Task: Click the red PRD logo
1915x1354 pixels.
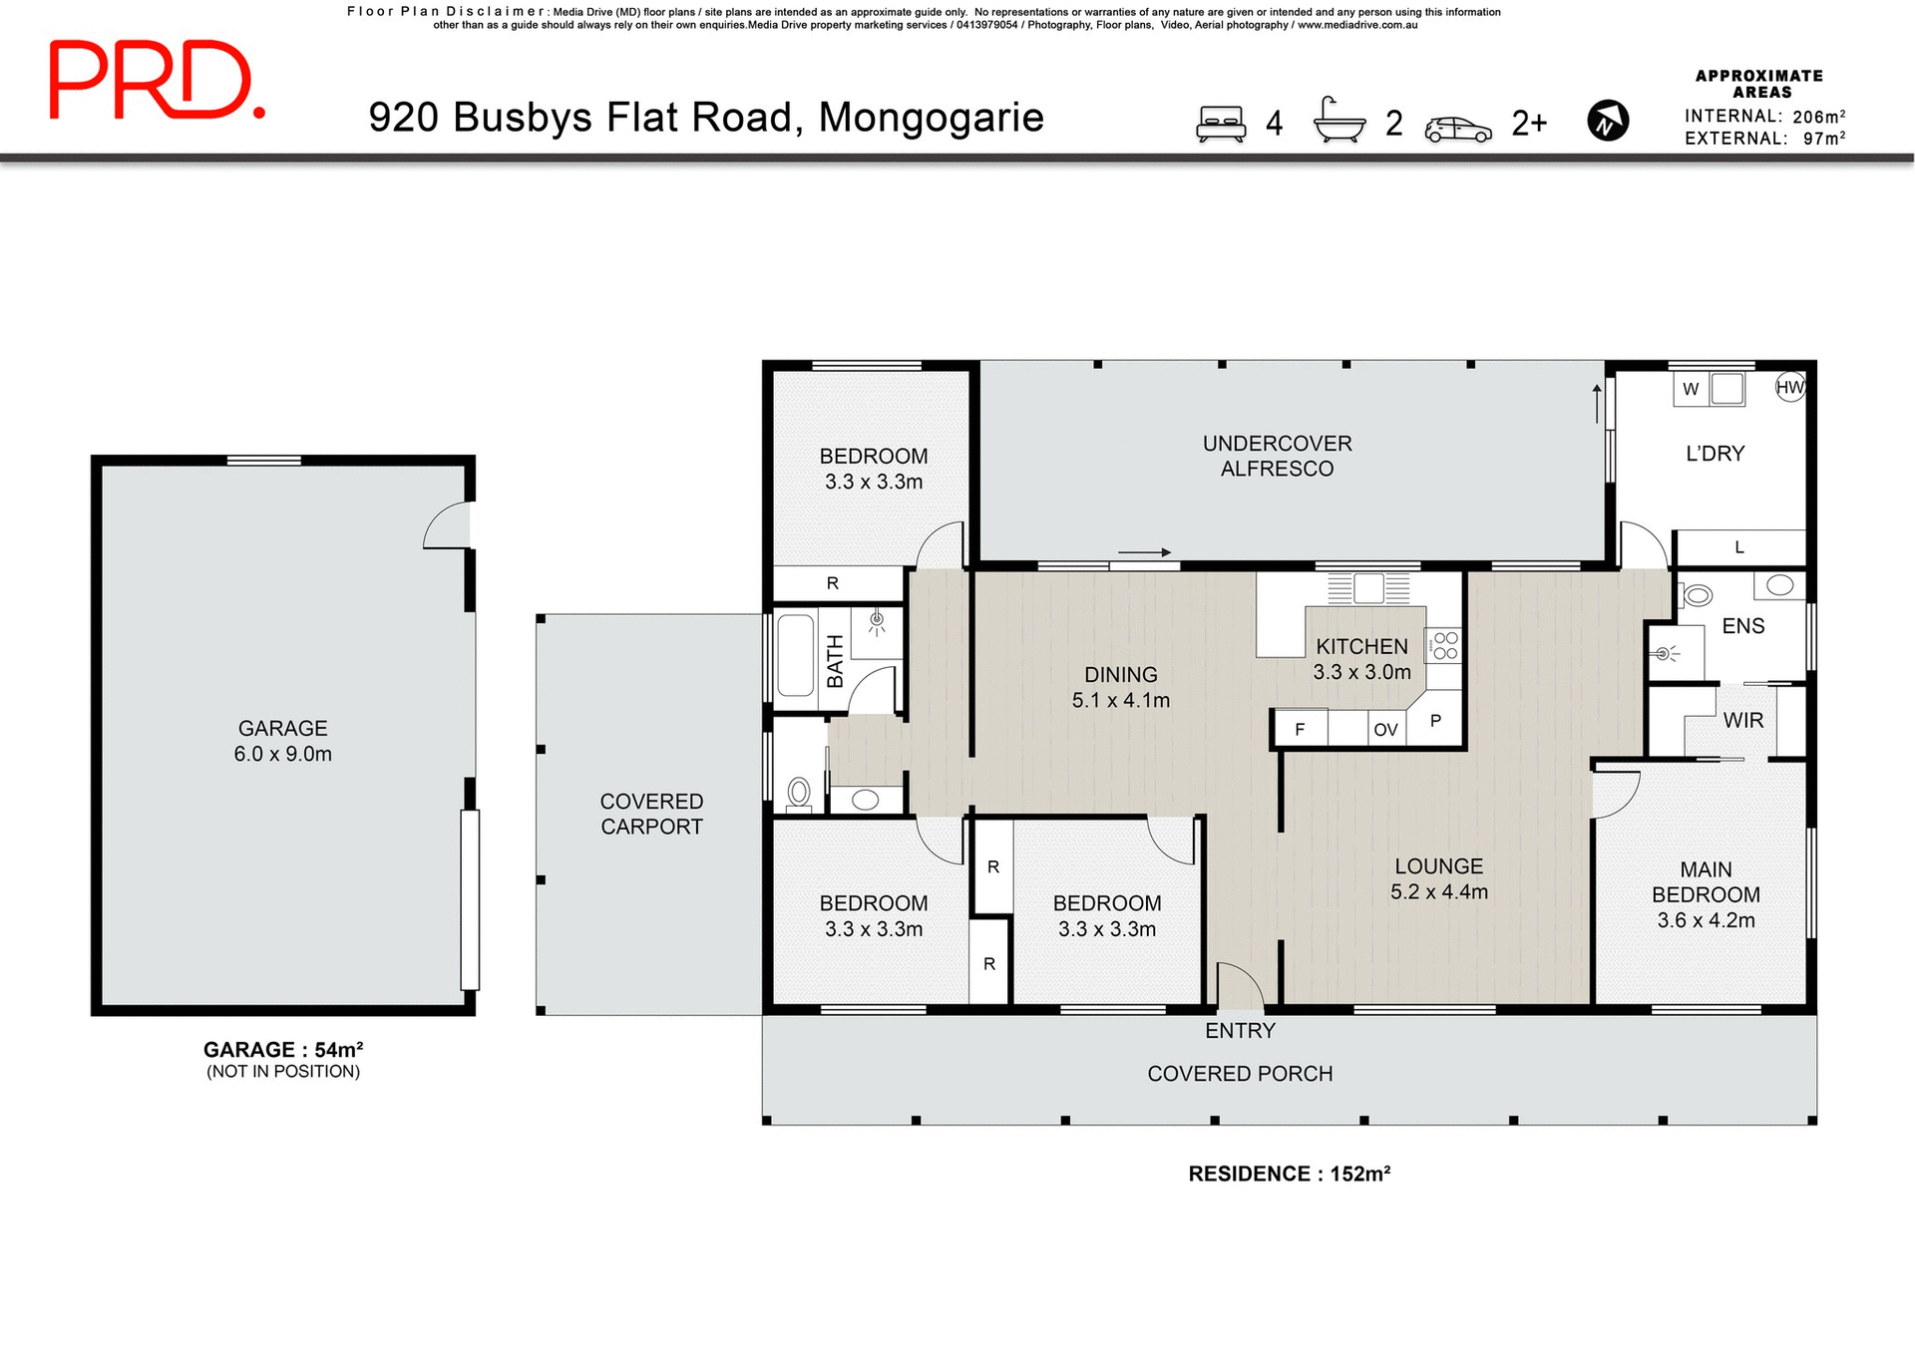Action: [x=156, y=81]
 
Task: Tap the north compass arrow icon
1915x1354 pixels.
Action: [x=1607, y=122]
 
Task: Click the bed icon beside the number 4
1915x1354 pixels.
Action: [x=1221, y=124]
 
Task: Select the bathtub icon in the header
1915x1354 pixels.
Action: [x=1339, y=122]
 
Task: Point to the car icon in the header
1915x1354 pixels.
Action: [x=1457, y=129]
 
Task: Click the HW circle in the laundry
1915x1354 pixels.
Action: [x=1790, y=388]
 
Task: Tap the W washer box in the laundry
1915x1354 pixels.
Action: [x=1691, y=389]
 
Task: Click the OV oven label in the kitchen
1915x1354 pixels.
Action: [x=1385, y=730]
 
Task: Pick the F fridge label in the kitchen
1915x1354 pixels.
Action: [x=1300, y=730]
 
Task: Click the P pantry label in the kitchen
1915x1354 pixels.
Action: [x=1435, y=721]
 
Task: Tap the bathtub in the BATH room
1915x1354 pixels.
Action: [x=795, y=655]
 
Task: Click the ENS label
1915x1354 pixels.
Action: [x=1742, y=626]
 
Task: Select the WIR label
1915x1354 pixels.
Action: [x=1742, y=720]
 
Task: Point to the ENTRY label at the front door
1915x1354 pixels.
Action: [x=1240, y=1031]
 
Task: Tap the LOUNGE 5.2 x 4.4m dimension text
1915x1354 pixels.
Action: [x=1438, y=892]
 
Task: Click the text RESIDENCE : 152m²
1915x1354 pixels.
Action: [x=1289, y=1174]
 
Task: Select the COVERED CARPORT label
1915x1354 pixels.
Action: [x=651, y=814]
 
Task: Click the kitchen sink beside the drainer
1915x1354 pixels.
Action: [x=1368, y=588]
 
